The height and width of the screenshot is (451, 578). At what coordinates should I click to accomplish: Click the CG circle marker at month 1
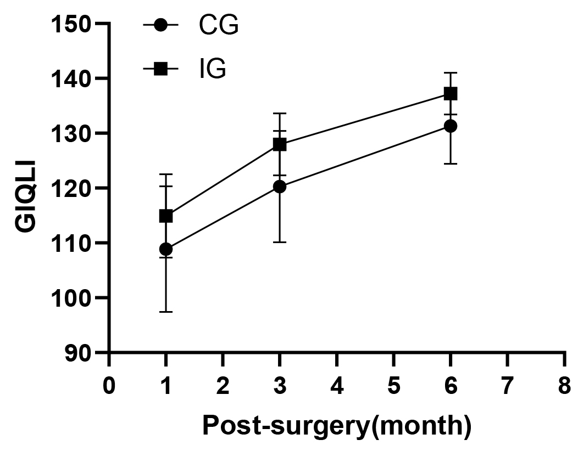pos(166,249)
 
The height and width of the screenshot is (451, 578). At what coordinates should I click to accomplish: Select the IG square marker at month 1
pos(166,216)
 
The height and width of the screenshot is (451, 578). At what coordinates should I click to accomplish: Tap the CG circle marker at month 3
pos(280,187)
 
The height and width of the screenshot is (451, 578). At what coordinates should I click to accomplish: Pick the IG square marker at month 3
pos(280,144)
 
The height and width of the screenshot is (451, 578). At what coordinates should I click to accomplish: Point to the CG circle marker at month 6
pos(451,126)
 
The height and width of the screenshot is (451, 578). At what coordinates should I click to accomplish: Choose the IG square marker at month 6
pos(451,94)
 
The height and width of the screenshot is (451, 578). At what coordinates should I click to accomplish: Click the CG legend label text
pos(219,25)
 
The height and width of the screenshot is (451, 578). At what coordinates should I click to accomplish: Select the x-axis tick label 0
pos(109,386)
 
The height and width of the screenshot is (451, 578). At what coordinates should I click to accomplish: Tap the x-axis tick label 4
pos(337,386)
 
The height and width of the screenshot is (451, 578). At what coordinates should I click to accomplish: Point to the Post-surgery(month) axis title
pos(337,427)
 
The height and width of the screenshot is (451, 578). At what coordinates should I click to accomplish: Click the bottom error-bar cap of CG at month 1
pos(166,312)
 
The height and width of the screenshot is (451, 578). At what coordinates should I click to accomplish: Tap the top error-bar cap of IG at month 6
pos(451,72)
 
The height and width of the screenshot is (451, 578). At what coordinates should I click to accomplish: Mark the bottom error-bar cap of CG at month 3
pos(280,242)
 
